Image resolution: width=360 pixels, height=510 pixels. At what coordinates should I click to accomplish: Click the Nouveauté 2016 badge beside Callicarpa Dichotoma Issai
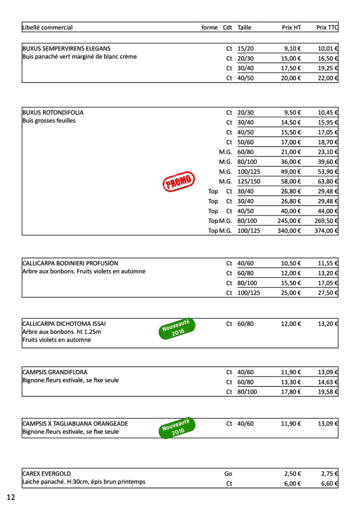(176, 328)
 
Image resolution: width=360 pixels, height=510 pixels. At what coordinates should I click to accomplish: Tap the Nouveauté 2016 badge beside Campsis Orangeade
(176, 427)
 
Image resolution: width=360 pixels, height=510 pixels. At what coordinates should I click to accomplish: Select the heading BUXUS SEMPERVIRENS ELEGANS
(66, 48)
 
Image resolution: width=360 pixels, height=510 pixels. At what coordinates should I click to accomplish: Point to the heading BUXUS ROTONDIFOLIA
(53, 112)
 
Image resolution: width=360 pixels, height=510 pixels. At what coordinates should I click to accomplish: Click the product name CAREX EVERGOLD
(46, 473)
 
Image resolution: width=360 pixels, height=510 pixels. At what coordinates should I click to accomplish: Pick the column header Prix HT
(291, 28)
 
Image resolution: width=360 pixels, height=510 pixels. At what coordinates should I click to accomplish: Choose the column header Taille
(244, 28)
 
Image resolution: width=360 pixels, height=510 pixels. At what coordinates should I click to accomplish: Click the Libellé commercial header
(47, 28)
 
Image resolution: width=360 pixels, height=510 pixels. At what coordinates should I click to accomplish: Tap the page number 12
(11, 497)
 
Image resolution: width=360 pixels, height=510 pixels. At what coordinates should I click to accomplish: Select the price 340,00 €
(289, 231)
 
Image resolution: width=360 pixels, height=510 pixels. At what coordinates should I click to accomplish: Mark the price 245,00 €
(289, 221)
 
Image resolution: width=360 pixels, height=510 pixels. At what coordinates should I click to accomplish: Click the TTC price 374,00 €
(327, 231)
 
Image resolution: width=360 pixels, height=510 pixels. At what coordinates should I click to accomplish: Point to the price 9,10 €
(293, 48)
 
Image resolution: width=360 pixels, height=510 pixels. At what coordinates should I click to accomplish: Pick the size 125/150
(249, 182)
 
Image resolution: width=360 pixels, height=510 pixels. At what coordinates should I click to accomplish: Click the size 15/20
(245, 48)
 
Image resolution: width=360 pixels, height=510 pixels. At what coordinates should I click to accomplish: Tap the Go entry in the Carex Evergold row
(228, 473)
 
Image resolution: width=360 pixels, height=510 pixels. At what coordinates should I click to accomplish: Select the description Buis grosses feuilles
(49, 121)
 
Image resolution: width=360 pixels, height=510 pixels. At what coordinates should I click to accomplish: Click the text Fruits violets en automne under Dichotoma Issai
(57, 340)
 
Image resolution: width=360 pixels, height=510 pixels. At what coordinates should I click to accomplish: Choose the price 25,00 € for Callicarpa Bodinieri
(291, 293)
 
